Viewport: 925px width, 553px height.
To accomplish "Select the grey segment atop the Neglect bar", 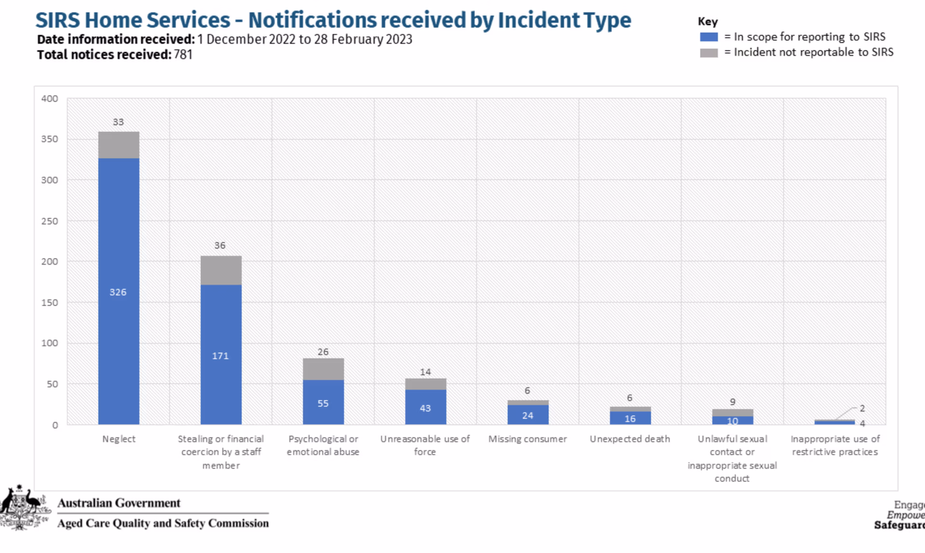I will tap(119, 145).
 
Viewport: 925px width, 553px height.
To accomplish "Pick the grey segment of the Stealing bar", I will tap(221, 270).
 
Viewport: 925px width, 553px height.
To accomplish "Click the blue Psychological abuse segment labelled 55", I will tap(323, 402).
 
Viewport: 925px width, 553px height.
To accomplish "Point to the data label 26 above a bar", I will tap(323, 352).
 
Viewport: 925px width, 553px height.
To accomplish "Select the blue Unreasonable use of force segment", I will tap(425, 407).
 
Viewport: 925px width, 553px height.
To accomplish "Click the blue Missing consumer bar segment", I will tap(528, 415).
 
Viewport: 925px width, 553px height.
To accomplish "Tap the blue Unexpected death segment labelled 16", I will tap(630, 418).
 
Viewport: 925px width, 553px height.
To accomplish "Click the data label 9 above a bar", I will tap(732, 402).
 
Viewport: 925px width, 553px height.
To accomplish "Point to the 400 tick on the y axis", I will tap(49, 98).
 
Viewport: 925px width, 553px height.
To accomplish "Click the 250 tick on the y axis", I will tap(49, 221).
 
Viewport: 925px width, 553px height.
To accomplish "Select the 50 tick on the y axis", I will tap(52, 384).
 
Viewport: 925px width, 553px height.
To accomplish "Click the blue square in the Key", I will tap(709, 37).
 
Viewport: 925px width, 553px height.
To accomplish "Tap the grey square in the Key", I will tap(709, 53).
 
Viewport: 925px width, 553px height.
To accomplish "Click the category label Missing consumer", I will tap(528, 439).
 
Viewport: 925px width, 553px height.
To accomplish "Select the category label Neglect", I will tap(119, 439).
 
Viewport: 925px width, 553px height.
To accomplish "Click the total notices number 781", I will tap(183, 54).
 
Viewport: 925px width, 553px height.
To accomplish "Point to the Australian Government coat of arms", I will tap(24, 509).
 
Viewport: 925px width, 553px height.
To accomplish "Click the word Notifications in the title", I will tap(312, 20).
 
